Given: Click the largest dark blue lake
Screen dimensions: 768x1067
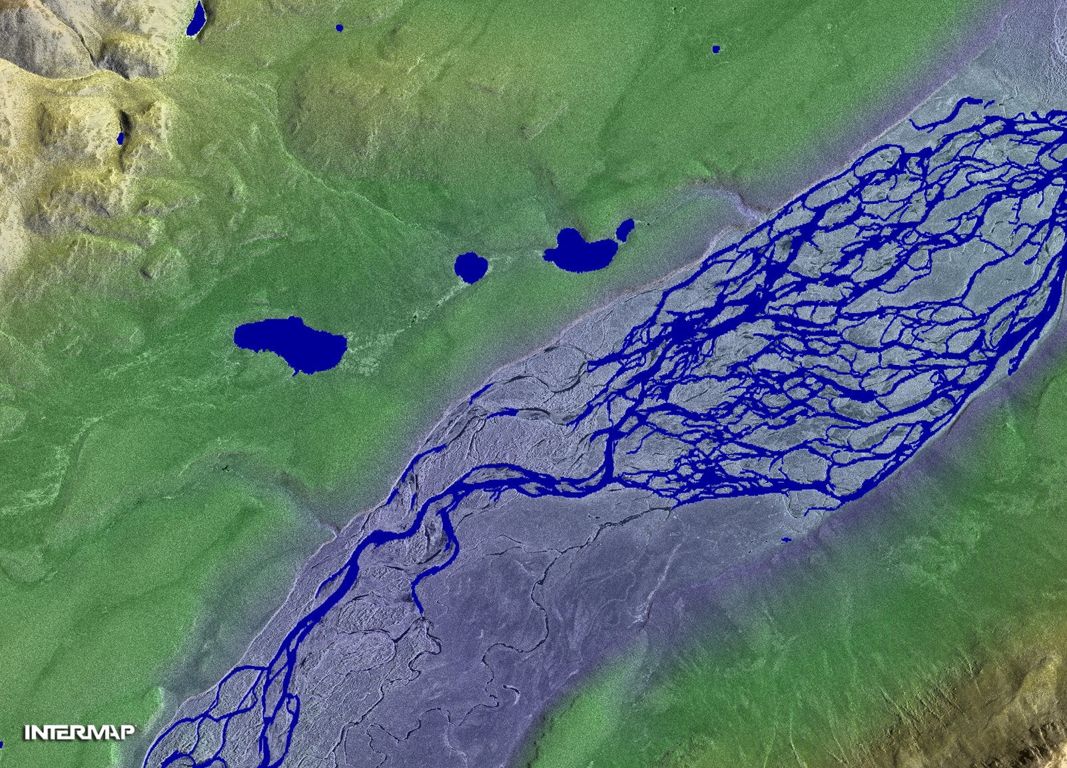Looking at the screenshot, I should click(x=290, y=341).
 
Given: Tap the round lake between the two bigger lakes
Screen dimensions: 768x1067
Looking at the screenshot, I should click(x=471, y=266).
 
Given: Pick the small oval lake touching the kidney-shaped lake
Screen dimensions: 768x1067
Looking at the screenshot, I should click(x=625, y=230).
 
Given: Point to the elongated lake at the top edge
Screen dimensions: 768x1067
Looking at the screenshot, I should click(x=196, y=19).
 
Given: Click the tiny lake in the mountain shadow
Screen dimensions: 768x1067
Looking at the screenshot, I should click(x=121, y=138).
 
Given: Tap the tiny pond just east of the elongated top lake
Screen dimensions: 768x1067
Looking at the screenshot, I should click(x=339, y=28).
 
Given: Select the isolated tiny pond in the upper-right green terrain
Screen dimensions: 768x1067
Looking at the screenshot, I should click(x=716, y=49).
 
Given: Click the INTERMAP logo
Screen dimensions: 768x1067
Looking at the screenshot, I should click(x=80, y=733).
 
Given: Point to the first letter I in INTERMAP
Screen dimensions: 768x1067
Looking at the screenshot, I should click(x=28, y=733).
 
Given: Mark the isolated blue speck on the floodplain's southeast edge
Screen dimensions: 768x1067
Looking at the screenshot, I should click(x=786, y=540).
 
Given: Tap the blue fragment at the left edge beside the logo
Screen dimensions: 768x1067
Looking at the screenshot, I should click(x=1, y=745).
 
